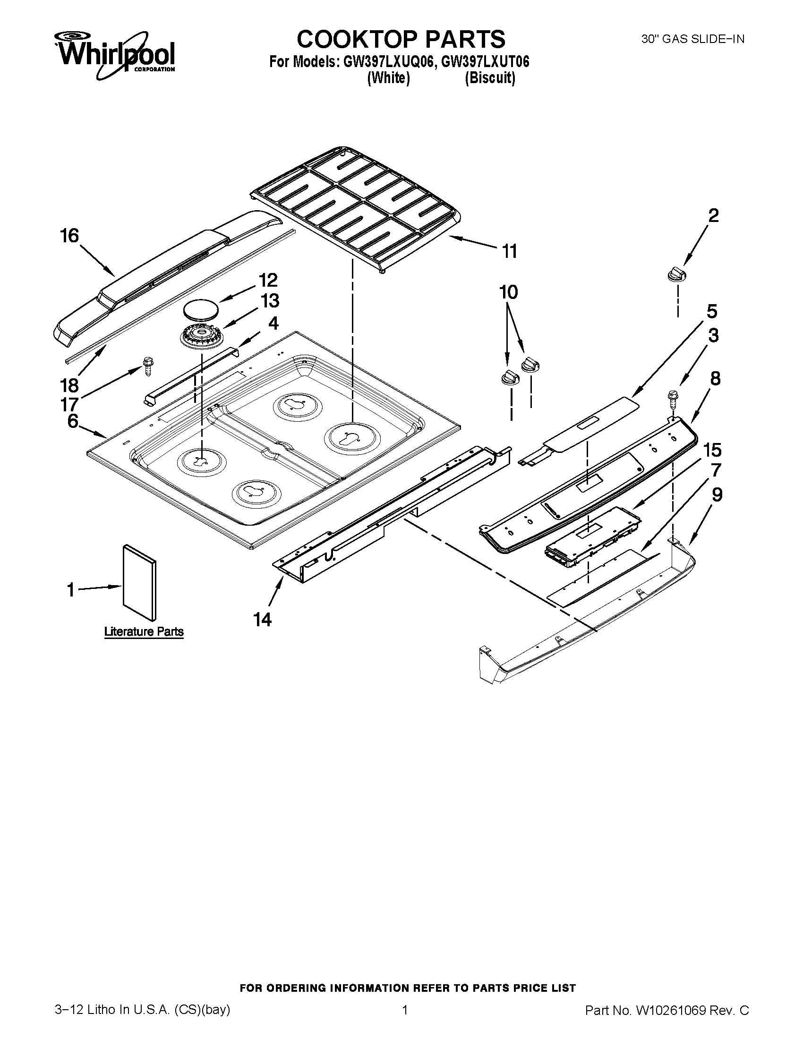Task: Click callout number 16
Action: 69,236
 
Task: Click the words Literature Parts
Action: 144,631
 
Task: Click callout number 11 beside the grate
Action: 510,251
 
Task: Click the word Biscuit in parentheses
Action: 490,77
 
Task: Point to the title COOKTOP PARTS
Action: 401,39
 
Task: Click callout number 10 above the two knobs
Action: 509,291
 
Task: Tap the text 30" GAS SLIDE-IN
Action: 692,40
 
